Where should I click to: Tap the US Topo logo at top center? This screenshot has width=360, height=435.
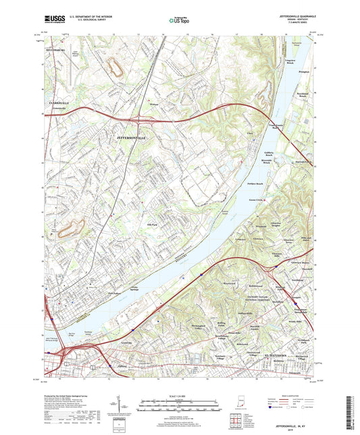pyautogui.click(x=178, y=21)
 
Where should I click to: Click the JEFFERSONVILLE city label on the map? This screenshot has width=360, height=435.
pyautogui.click(x=126, y=137)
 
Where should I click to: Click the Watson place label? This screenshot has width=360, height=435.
pyautogui.click(x=153, y=104)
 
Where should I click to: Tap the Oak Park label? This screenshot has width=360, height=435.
pyautogui.click(x=151, y=224)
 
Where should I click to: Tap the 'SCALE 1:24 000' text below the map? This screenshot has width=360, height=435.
pyautogui.click(x=179, y=396)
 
